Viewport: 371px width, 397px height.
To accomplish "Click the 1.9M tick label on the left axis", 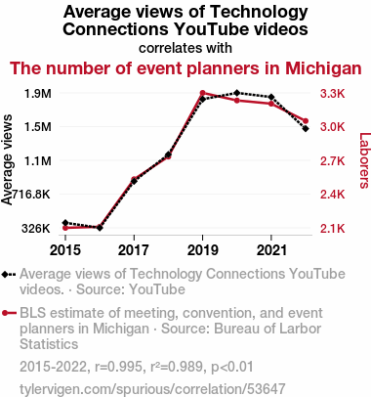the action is point(38,94).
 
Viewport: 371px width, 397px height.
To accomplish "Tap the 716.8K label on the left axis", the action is point(30,195).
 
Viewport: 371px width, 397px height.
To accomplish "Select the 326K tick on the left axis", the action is point(36,229).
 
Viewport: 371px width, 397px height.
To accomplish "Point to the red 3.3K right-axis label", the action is point(332,94).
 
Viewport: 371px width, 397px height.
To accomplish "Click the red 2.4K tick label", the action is point(332,195).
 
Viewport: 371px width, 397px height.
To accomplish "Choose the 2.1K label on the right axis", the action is point(332,229).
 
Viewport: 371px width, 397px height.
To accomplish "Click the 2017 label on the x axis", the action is point(134,250).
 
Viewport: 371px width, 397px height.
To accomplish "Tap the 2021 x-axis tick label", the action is point(271,250).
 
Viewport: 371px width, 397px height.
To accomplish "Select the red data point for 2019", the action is point(202,93).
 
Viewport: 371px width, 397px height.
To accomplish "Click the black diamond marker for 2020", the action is point(237,93).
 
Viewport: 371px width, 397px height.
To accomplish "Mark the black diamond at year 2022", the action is point(306,129).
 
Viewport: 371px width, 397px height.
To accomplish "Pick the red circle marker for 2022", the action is point(306,121).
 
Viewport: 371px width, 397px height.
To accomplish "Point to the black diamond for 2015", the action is point(65,223).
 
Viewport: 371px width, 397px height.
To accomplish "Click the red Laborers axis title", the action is point(365,160).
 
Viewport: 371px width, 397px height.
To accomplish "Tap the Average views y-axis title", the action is point(7,159).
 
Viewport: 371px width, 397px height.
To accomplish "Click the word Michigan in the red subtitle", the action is point(323,68).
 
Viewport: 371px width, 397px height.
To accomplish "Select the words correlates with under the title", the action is point(185,48).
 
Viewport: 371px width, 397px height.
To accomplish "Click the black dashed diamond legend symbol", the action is point(9,274).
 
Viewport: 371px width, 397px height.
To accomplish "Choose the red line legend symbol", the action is point(9,313).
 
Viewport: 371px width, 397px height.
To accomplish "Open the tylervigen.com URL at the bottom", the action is point(152,389).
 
